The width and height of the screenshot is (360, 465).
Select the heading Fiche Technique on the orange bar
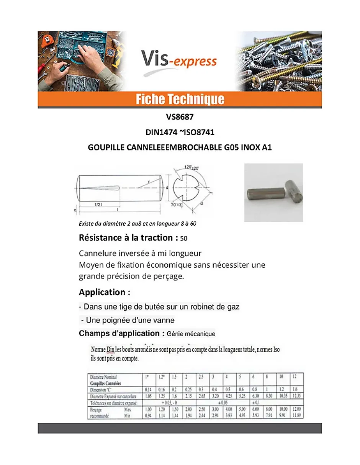point(180,100)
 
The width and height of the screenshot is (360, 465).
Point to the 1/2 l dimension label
point(98,205)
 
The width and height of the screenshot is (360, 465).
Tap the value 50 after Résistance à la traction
point(184,239)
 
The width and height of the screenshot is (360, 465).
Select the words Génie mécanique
point(191,334)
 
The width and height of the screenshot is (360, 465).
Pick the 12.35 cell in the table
point(296,396)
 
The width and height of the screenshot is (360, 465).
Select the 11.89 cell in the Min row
point(296,416)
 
